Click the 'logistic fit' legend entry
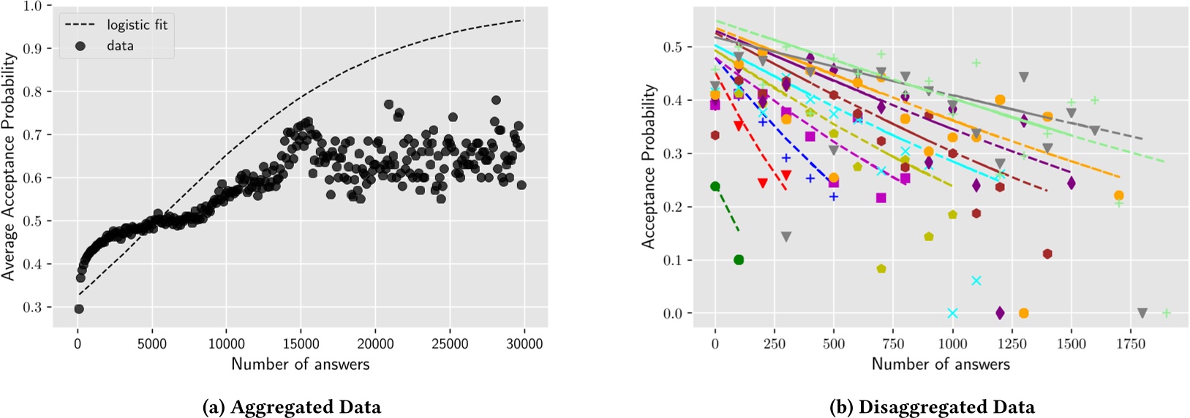tap(137, 25)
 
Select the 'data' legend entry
tap(120, 45)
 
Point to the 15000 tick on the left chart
tap(301, 344)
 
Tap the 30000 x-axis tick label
tap(524, 344)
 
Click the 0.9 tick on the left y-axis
tap(32, 48)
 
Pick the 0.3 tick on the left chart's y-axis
tap(32, 308)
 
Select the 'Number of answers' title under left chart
tap(301, 364)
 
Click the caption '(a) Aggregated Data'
tap(291, 406)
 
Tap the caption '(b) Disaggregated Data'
tap(932, 406)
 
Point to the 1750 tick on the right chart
tap(1131, 344)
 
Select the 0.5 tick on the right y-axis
tap(672, 47)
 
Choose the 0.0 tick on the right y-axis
tap(672, 313)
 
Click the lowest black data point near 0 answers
tap(79, 309)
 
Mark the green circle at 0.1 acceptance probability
tap(739, 260)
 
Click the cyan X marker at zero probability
tap(952, 313)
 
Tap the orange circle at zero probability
tap(1023, 313)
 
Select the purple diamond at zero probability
tap(1000, 313)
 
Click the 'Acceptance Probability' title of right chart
tap(649, 166)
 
